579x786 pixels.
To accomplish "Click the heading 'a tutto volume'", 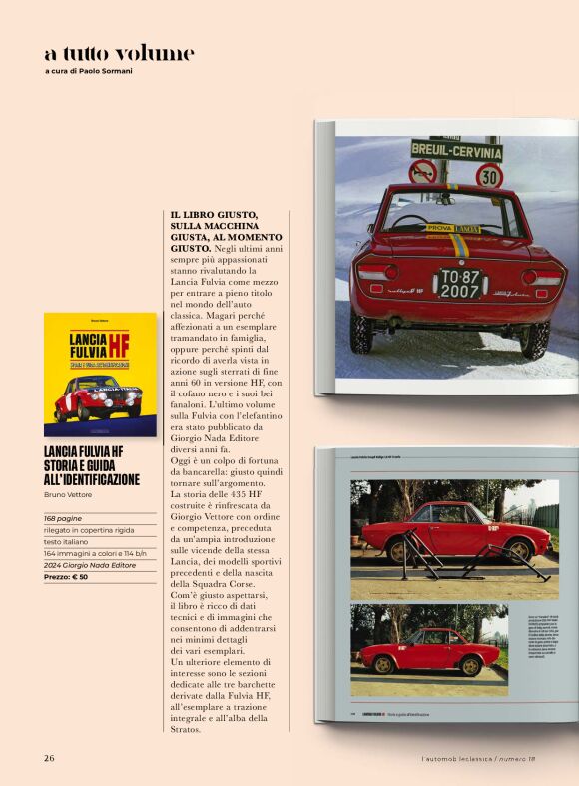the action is pyautogui.click(x=119, y=53).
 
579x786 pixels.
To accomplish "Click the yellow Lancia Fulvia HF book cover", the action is pyautogui.click(x=100, y=375).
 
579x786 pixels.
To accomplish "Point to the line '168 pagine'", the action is pyautogui.click(x=63, y=519).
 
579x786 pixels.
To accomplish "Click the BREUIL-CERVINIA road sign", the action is pyautogui.click(x=456, y=151).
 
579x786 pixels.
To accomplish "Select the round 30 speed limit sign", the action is pyautogui.click(x=489, y=177).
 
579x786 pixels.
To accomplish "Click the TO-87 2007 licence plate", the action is pyautogui.click(x=461, y=283).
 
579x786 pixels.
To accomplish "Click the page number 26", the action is pyautogui.click(x=49, y=757).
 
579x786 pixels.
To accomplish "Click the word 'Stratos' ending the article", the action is pyautogui.click(x=187, y=729).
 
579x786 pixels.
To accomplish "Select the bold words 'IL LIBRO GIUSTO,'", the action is pyautogui.click(x=214, y=215).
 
